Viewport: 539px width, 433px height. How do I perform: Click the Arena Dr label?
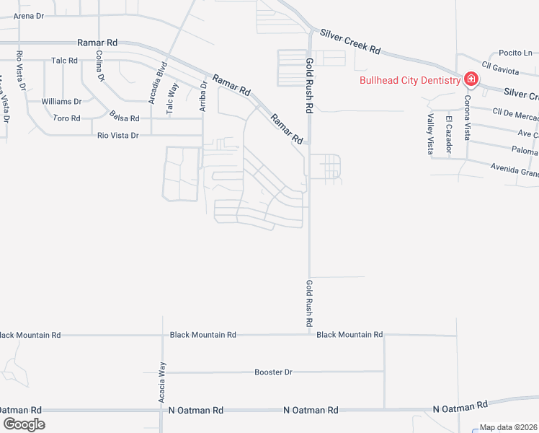pos(28,15)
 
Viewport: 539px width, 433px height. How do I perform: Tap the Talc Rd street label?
pos(64,61)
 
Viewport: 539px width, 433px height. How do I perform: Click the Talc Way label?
pos(171,98)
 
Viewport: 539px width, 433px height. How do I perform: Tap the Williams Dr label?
pos(61,101)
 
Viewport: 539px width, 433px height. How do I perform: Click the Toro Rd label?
pos(66,118)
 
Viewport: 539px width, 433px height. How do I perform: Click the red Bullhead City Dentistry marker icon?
pos(470,79)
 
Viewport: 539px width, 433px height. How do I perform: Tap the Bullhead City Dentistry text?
pos(410,80)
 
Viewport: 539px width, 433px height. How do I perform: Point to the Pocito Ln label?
pos(515,53)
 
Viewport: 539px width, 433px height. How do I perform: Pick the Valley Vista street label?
pos(430,134)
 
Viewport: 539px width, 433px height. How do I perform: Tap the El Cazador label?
pos(448,134)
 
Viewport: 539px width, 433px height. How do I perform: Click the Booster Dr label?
pos(273,372)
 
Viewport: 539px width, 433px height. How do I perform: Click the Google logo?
pos(24,424)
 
